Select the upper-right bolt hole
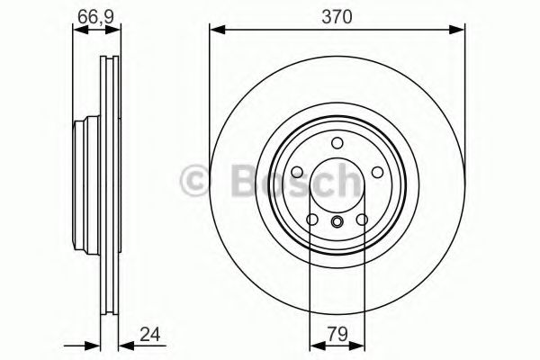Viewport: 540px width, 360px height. (375, 171)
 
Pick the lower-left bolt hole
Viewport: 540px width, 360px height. (310, 219)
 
